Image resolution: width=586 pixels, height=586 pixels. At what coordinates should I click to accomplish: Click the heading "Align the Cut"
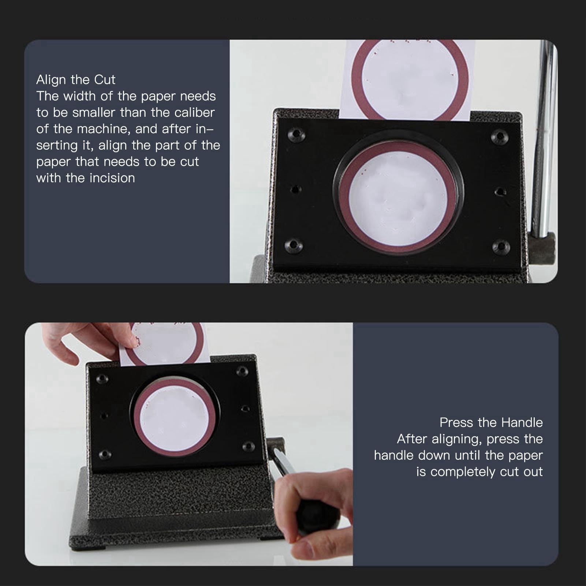click(76, 79)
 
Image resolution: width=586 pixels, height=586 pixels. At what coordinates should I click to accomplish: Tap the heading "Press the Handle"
click(491, 422)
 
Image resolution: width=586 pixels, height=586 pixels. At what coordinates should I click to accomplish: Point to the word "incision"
click(112, 178)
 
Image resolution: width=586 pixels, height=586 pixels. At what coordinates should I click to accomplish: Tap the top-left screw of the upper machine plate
click(296, 134)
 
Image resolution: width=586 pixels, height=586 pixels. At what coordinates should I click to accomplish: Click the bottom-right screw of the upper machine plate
click(501, 247)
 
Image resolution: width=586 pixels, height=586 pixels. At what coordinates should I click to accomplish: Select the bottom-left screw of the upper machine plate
click(294, 245)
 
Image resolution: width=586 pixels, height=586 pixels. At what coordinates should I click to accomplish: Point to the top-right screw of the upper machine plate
click(500, 137)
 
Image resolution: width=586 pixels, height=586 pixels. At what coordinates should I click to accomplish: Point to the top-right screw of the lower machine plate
click(242, 371)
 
